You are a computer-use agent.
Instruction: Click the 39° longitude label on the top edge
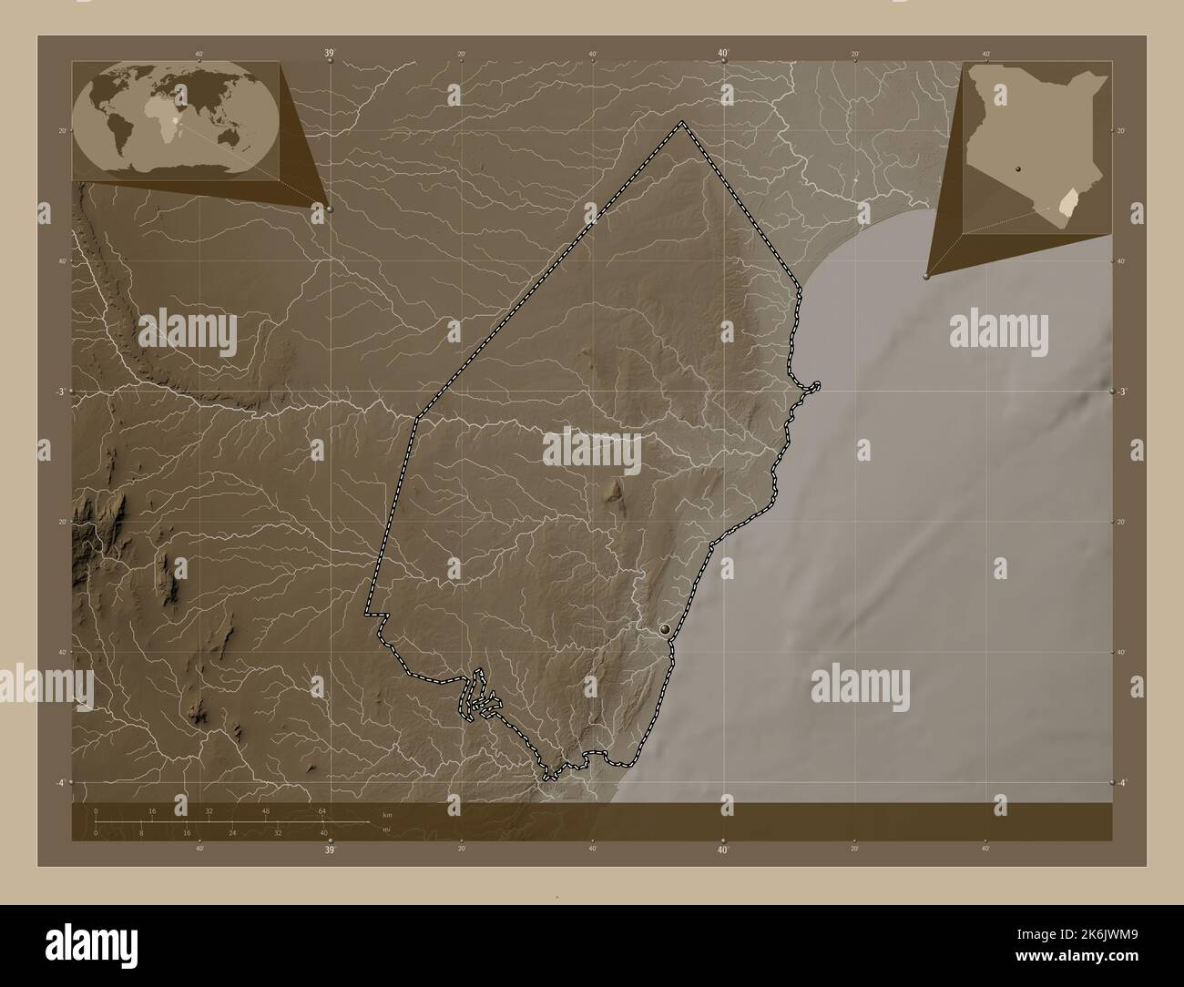coord(329,55)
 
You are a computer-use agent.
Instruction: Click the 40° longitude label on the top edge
coord(722,55)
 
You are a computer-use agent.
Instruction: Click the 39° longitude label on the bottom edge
coord(330,850)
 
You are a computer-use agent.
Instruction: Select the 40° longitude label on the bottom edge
coord(722,850)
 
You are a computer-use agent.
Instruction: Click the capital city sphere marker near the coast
coord(667,627)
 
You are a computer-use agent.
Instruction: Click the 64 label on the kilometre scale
coord(322,810)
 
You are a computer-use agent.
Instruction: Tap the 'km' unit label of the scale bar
coord(386,814)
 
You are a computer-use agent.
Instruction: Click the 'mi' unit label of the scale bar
coord(386,829)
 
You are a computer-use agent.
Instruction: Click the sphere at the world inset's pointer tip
coord(329,209)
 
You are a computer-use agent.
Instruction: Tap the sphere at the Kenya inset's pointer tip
coord(926,274)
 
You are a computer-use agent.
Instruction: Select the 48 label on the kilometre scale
coord(266,810)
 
